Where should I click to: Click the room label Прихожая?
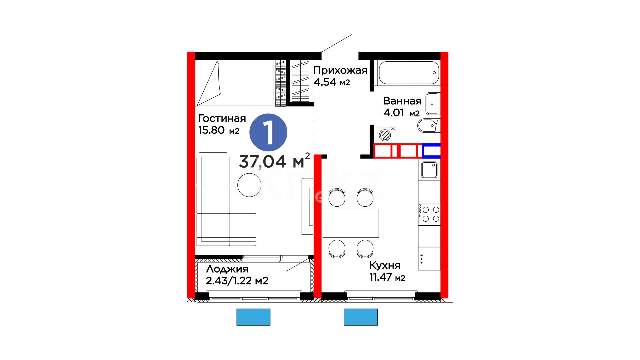click(340, 71)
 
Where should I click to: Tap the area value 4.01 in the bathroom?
click(394, 113)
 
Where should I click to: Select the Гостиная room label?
click(222, 118)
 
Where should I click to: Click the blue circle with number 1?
click(268, 132)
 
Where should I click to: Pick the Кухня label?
click(385, 265)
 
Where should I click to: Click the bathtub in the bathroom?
click(409, 73)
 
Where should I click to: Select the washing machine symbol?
click(385, 135)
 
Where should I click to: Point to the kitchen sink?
click(429, 170)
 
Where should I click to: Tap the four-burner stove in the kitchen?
click(429, 214)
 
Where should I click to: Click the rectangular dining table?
click(351, 223)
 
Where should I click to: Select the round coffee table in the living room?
click(249, 185)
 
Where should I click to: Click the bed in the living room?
click(235, 83)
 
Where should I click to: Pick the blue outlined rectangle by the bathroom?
click(432, 151)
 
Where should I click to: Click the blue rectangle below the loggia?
click(253, 317)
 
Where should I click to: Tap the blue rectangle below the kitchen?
click(361, 317)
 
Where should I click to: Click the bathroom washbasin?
click(433, 104)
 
